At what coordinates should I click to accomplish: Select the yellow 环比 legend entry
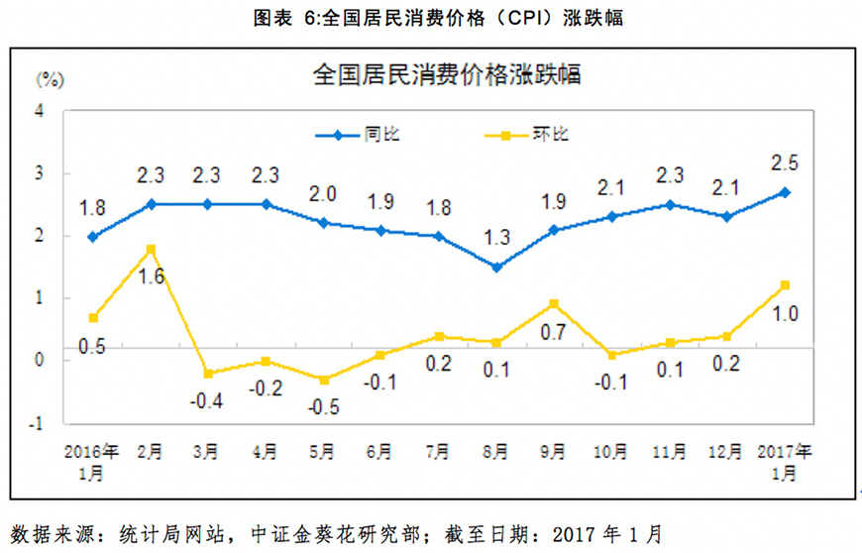pos(525,136)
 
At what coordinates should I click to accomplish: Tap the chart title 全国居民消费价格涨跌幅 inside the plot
pos(446,75)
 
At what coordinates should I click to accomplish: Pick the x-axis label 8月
pos(496,452)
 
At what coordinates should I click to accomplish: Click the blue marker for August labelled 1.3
pos(496,267)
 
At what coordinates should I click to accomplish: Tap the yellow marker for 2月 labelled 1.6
pos(150,249)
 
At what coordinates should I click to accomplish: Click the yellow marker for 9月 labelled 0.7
pos(554,304)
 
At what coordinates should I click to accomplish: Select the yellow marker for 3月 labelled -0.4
pos(207,374)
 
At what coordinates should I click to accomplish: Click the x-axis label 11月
pos(670,452)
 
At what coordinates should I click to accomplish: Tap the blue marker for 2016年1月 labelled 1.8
pos(91,237)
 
